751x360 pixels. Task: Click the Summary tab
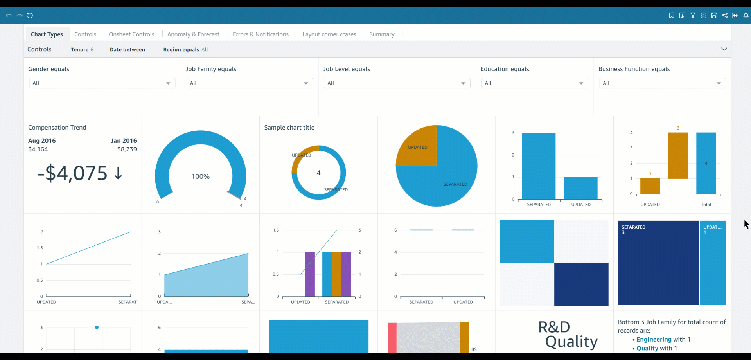tap(382, 34)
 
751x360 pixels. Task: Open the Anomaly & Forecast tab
tap(193, 34)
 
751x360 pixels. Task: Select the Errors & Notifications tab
tap(261, 34)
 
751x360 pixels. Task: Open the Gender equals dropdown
tap(102, 83)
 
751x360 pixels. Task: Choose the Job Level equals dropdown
tap(397, 83)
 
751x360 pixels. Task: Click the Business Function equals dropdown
tap(662, 83)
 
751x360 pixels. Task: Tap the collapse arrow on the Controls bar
tap(724, 49)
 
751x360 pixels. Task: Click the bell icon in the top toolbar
tap(746, 16)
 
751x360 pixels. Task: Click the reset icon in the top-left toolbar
tap(30, 16)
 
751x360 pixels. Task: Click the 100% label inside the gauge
tap(200, 176)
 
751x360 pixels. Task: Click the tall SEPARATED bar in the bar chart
tap(539, 166)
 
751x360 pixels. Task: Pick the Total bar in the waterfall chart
tap(706, 163)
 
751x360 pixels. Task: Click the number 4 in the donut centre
tap(318, 173)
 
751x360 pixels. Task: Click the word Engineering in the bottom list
tap(654, 339)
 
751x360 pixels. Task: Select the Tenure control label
tap(79, 50)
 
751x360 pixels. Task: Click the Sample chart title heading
tap(289, 128)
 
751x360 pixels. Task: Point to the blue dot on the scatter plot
tap(97, 327)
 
